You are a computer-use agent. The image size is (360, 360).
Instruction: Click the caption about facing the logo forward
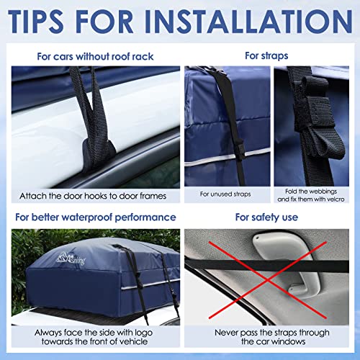coord(90,338)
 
